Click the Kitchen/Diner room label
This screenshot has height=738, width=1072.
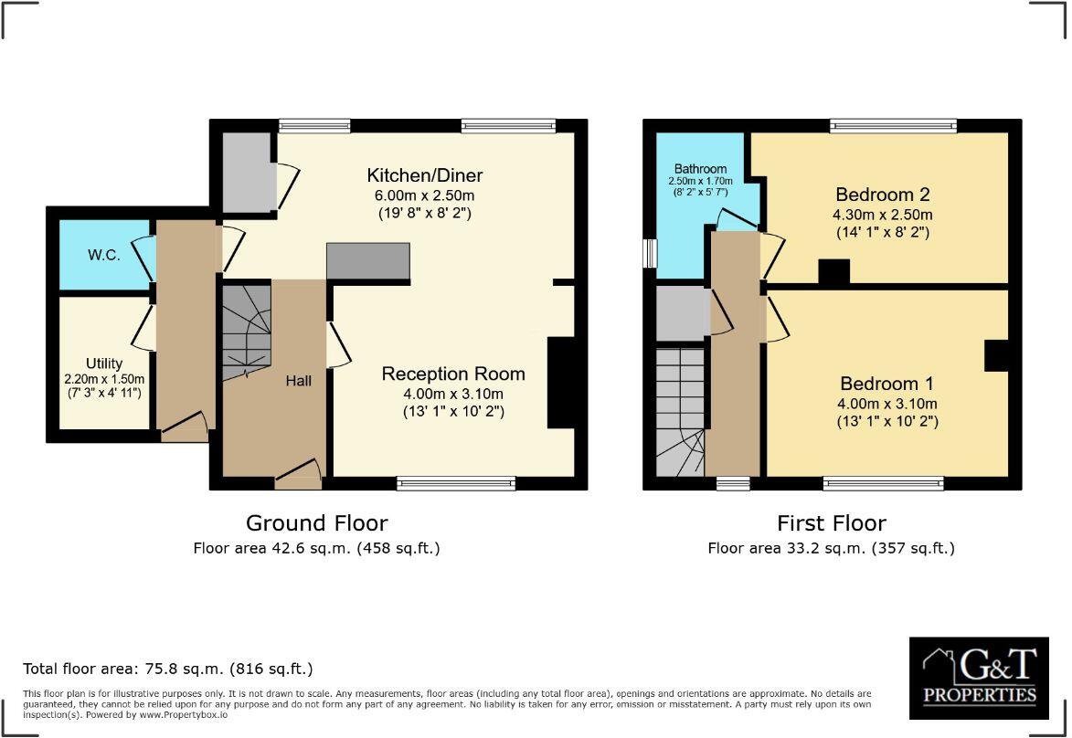point(424,175)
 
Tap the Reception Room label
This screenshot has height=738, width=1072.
point(453,374)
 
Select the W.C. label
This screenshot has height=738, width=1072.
point(104,256)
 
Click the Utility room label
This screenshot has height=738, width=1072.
point(104,364)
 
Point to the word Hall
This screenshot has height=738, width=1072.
point(298,380)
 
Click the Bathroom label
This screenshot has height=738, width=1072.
point(700,169)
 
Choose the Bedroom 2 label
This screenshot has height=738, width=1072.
point(883,195)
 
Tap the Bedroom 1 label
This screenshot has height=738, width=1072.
point(886,384)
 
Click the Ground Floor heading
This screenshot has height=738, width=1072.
point(316,523)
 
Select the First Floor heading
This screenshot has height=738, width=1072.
point(831,523)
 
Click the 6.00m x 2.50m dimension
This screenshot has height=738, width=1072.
point(424,195)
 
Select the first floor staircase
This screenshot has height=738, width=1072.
point(680,411)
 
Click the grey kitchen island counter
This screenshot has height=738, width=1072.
point(368,261)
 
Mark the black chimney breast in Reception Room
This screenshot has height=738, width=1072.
point(559,382)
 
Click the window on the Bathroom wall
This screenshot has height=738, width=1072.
point(650,253)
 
